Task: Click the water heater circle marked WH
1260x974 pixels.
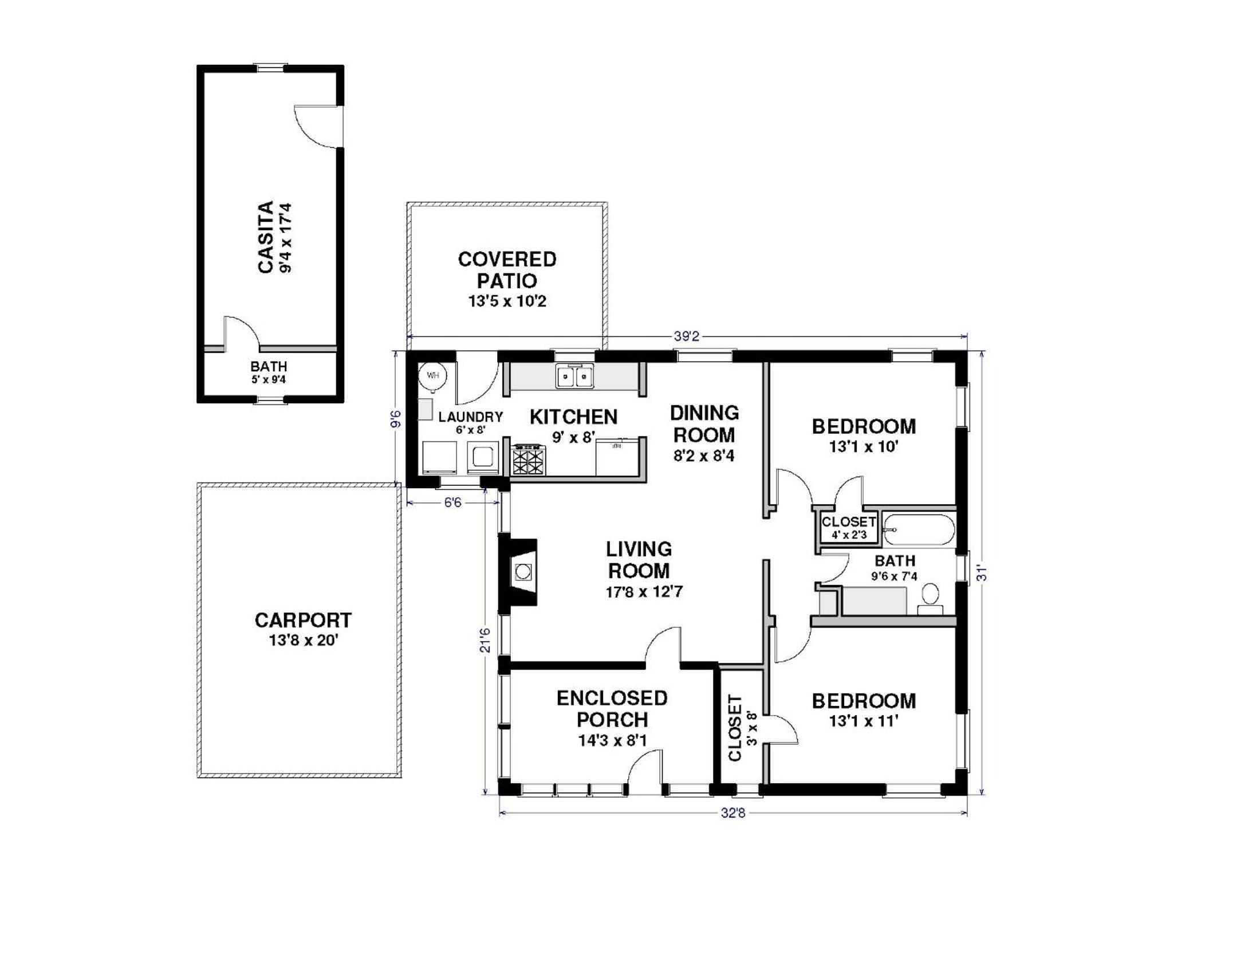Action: [432, 376]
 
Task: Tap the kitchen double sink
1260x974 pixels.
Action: [574, 377]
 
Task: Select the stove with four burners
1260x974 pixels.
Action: [529, 459]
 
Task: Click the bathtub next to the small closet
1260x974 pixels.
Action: [919, 529]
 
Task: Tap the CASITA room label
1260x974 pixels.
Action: [265, 237]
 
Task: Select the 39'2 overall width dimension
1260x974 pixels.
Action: [687, 336]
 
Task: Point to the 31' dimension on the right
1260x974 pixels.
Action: [982, 573]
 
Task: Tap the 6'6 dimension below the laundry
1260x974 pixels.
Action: [453, 502]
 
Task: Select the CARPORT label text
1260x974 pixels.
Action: [303, 620]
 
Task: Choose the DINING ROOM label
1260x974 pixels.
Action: [704, 423]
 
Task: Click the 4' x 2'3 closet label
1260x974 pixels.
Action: [849, 535]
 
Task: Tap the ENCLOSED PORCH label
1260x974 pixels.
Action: [612, 709]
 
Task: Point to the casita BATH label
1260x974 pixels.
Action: [269, 367]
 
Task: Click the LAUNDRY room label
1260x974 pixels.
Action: [471, 417]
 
